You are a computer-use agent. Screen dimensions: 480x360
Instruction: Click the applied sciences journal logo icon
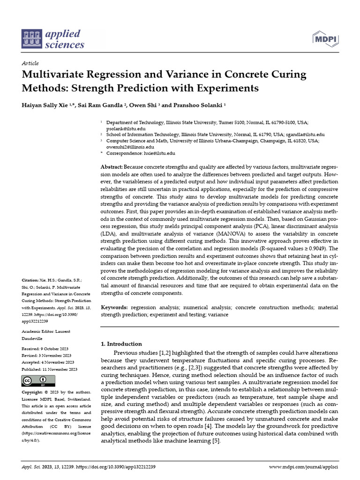pyautogui.click(x=31, y=39)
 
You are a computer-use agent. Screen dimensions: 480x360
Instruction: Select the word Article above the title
pyautogui.click(x=30, y=63)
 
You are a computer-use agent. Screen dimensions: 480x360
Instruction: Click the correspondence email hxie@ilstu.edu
pyautogui.click(x=158, y=153)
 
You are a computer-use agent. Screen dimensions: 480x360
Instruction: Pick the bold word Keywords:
pyautogui.click(x=114, y=307)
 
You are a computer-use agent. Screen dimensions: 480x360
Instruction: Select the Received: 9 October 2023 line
pyautogui.click(x=44, y=349)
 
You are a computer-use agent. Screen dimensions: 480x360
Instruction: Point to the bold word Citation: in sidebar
pyautogui.click(x=30, y=279)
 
